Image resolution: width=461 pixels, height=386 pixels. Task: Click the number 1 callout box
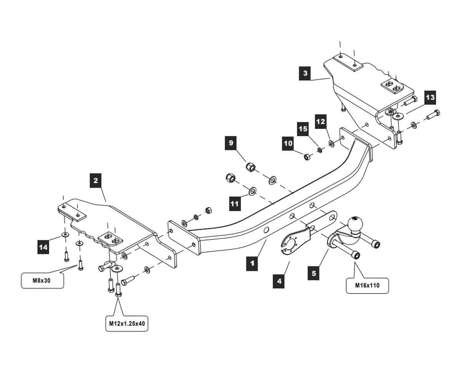(x=252, y=264)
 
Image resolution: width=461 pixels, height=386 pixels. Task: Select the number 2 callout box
(x=96, y=180)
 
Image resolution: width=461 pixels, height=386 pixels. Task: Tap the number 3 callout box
(x=305, y=73)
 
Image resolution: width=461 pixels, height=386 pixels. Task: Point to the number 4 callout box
(x=279, y=281)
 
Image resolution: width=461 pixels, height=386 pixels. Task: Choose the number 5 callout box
(x=314, y=274)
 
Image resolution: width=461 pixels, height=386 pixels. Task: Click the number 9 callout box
(x=231, y=143)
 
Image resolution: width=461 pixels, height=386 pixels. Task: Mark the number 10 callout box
(x=288, y=144)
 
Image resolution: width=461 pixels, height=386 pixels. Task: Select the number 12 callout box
(x=320, y=122)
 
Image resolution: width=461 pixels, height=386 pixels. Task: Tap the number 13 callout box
(x=430, y=97)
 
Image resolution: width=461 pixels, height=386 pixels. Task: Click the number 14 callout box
(x=43, y=247)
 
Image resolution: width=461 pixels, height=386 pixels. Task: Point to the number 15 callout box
(x=303, y=129)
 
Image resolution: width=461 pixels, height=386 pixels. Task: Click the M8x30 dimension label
(x=42, y=280)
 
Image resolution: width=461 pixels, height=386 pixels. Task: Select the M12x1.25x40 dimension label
(x=127, y=323)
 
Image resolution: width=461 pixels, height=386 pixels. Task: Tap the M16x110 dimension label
(x=367, y=285)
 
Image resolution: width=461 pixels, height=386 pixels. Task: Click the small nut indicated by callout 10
(x=307, y=156)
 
